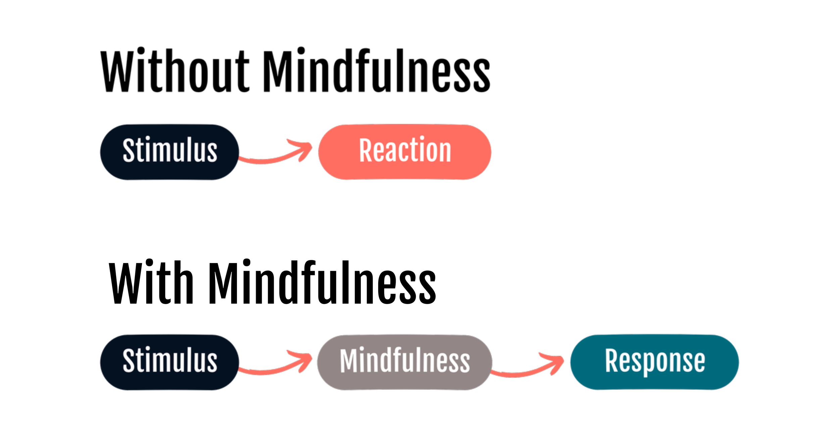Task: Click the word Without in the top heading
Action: (175, 71)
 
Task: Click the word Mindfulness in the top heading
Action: (376, 71)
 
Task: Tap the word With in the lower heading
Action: (151, 282)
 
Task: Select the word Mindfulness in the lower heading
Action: (322, 282)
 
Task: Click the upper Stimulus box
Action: (169, 152)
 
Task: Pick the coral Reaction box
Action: (404, 152)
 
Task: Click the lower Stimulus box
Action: (169, 362)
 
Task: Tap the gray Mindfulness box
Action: (404, 362)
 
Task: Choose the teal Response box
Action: (654, 362)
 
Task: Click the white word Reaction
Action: (405, 150)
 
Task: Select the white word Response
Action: (655, 361)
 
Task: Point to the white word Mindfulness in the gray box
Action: (405, 361)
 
